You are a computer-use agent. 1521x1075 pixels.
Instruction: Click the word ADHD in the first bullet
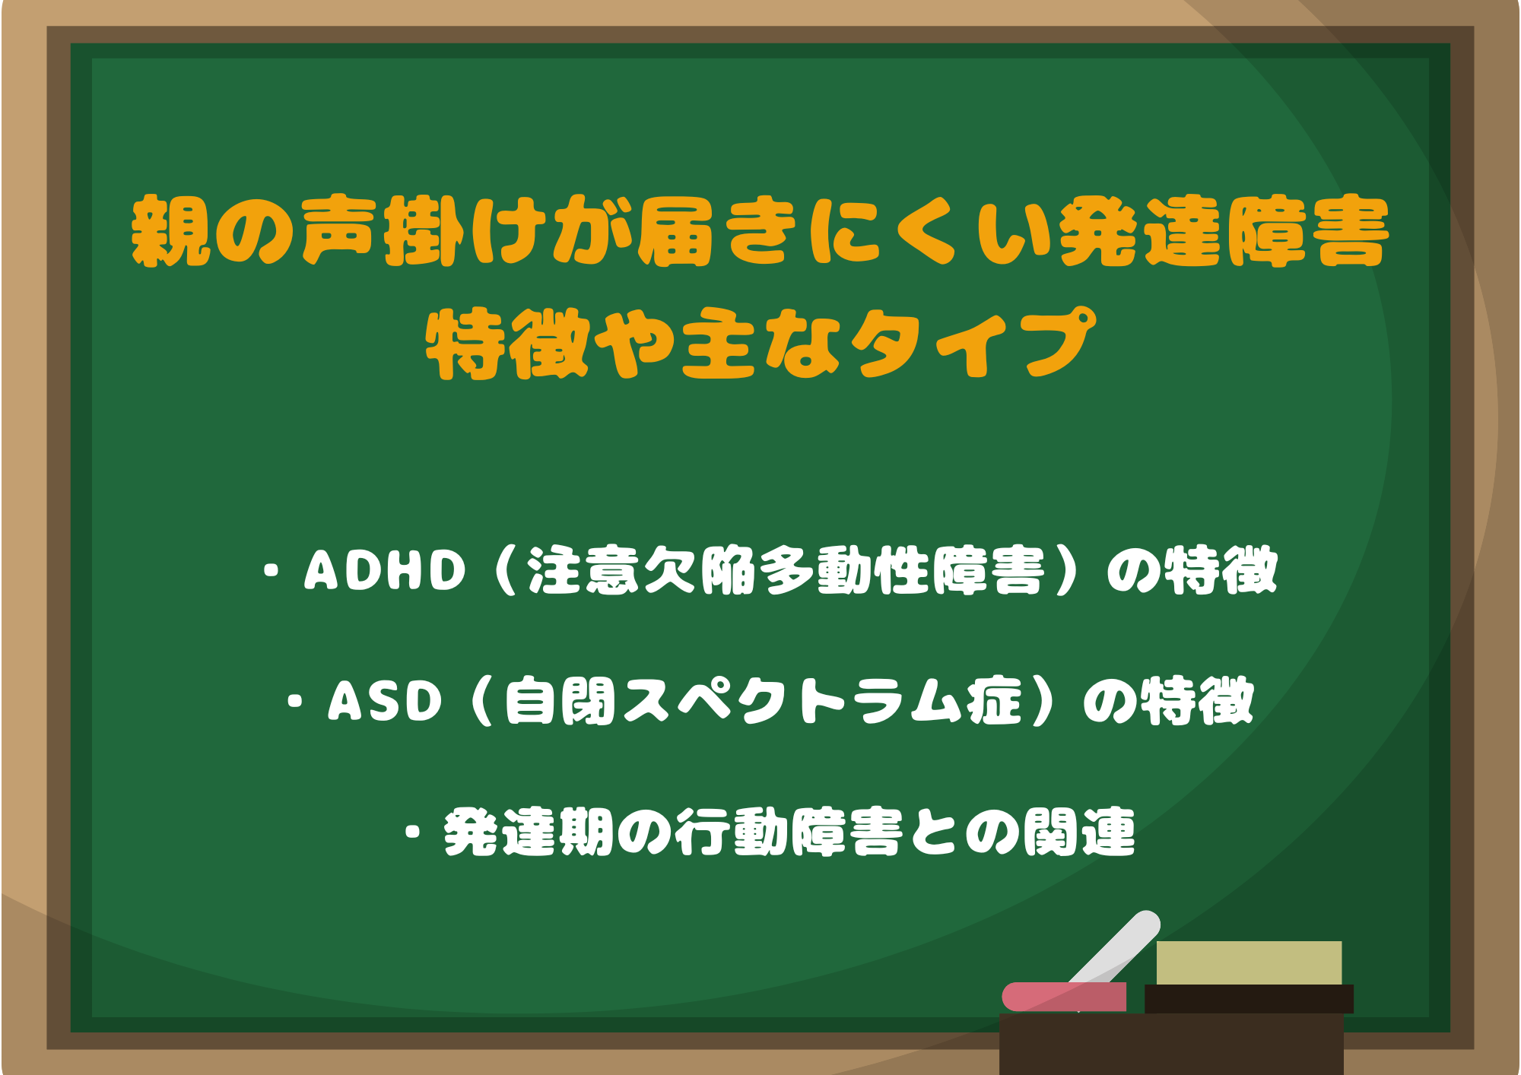coord(385,570)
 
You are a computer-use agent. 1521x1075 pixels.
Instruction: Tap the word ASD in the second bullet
coord(385,701)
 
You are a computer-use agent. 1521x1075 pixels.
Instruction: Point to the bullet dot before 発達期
coord(413,832)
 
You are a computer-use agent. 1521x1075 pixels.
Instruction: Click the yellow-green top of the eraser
coord(1249,962)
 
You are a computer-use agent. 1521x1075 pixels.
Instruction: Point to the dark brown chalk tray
coord(1171,1044)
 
